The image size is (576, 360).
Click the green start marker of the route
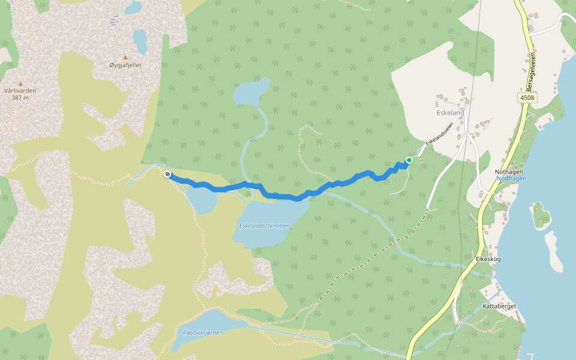pyautogui.click(x=409, y=160)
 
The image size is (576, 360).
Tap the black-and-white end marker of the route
pyautogui.click(x=167, y=175)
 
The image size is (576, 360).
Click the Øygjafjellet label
pyautogui.click(x=125, y=65)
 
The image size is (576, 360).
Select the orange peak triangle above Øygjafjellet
pyautogui.click(x=125, y=58)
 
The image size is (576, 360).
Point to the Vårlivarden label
pyautogui.click(x=20, y=91)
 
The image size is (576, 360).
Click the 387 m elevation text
pyautogui.click(x=20, y=97)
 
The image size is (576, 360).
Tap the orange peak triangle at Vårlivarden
pyautogui.click(x=20, y=84)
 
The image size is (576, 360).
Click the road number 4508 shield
pyautogui.click(x=528, y=97)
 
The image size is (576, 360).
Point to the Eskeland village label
pyautogui.click(x=450, y=112)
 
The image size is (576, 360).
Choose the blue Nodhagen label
pyautogui.click(x=511, y=178)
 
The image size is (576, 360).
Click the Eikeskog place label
pyautogui.click(x=488, y=259)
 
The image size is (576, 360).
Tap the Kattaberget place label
pyautogui.click(x=499, y=306)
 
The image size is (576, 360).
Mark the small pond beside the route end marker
pyautogui.click(x=202, y=199)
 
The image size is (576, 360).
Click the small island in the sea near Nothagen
pyautogui.click(x=541, y=216)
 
